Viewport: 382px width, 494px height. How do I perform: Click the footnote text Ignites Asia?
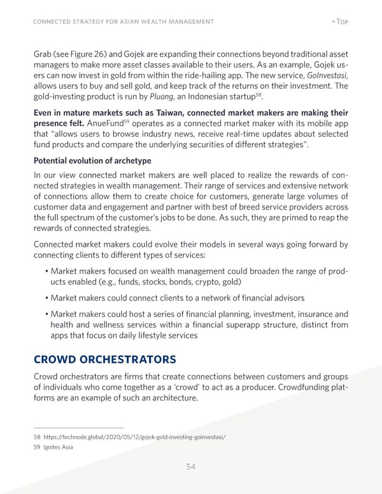point(57,447)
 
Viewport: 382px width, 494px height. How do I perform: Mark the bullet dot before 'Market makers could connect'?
point(46,298)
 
